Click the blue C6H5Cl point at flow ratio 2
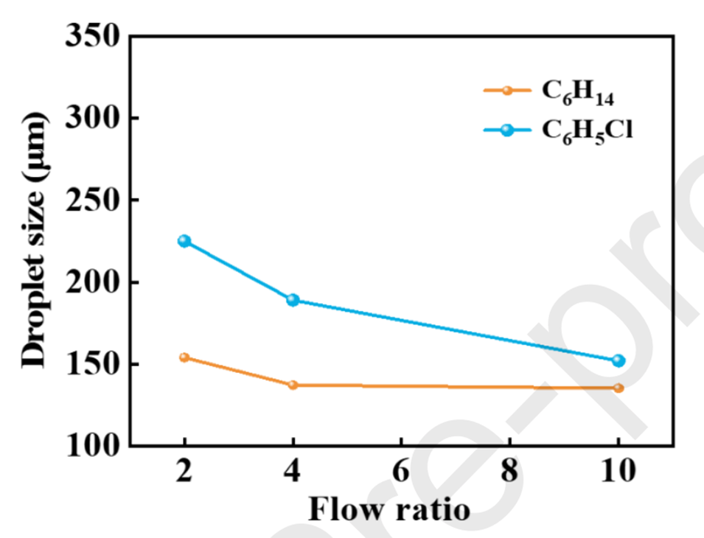[x=184, y=241]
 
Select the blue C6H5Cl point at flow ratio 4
[x=293, y=300]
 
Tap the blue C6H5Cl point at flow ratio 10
[x=618, y=360]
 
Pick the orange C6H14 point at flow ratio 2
[x=184, y=357]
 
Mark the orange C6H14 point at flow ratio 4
[x=293, y=385]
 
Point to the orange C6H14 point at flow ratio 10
[x=618, y=388]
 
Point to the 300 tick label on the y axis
[x=93, y=118]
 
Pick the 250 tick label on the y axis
[x=93, y=200]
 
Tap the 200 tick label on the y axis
[x=93, y=282]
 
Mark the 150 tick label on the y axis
[x=93, y=365]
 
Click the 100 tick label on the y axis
[x=93, y=447]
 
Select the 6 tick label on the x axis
[x=400, y=472]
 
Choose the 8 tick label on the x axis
[x=509, y=472]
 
